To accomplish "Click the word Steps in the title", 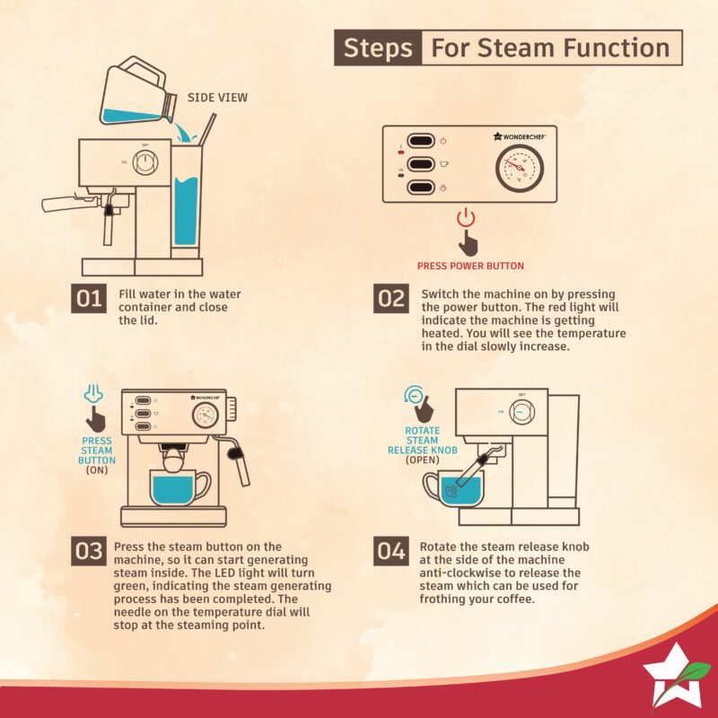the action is coord(377,48).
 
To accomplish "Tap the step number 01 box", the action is coord(89,299).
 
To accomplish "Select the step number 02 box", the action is coord(391,299).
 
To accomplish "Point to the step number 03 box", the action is coord(89,551).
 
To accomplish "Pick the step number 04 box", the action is coord(391,551).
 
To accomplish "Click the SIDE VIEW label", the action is coord(217,98).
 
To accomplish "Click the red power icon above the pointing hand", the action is coord(466,217).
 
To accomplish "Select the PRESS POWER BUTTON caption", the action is coord(470,266).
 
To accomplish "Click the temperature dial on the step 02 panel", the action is coord(520,168).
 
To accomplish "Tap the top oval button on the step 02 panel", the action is coord(421,141).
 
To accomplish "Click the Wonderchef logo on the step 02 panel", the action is coord(520,136).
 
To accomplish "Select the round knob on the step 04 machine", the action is coord(521,411).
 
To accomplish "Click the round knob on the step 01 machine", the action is coord(145,162).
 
